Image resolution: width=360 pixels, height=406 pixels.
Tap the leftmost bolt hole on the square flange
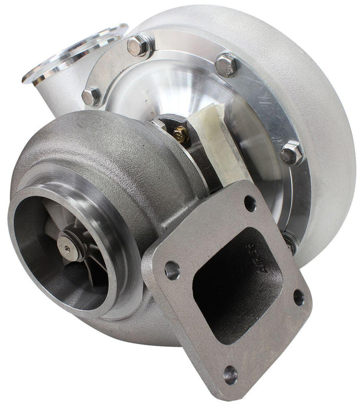(172, 270)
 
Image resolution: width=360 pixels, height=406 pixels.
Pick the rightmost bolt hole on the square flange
(299, 298)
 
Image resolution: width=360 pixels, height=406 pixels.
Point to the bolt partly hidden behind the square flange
(288, 240)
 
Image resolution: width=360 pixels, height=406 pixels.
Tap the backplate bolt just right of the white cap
(292, 153)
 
